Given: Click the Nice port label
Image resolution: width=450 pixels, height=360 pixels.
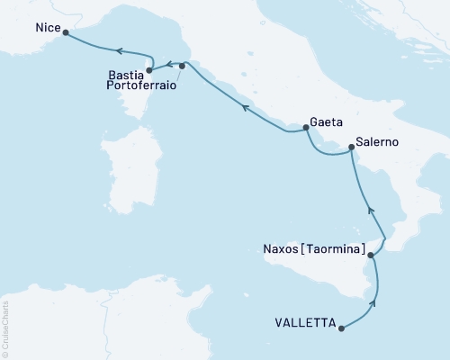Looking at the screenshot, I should (x=48, y=29).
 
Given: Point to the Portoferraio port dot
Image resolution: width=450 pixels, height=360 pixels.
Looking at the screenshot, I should (x=182, y=66).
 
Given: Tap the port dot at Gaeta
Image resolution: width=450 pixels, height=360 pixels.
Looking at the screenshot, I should (x=306, y=128).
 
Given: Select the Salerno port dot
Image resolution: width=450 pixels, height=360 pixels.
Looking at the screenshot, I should (x=351, y=153).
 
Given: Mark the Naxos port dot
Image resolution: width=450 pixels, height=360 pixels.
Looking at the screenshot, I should (x=369, y=256).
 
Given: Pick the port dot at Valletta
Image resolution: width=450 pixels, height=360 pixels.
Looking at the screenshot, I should (x=341, y=328).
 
